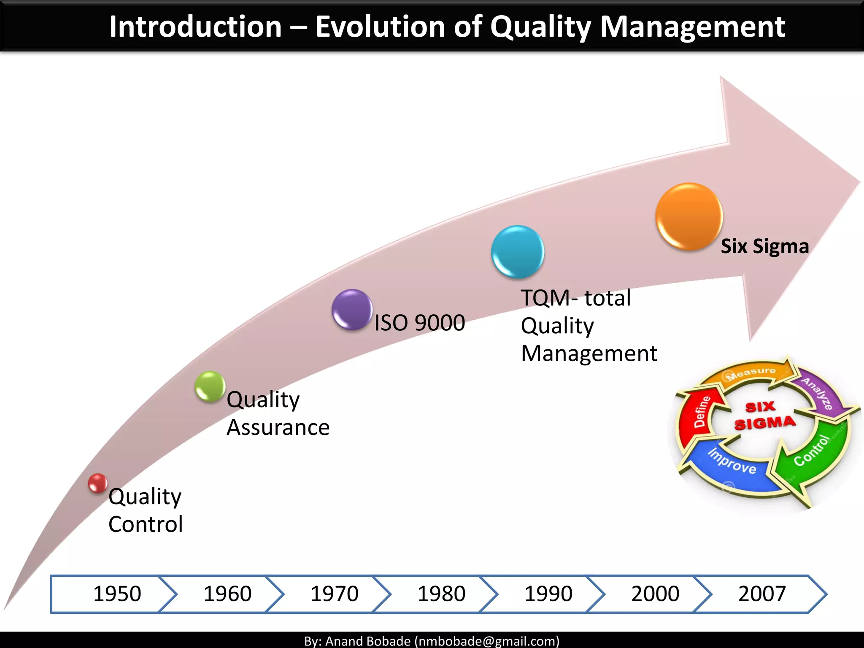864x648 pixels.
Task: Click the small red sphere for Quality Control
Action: [97, 483]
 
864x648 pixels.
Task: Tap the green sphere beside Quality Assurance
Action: [210, 386]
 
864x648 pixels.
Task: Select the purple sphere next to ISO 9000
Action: [352, 310]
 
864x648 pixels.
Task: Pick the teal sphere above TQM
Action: [518, 252]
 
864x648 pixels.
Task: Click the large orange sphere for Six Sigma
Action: [689, 216]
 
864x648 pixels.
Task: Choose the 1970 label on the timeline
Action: [334, 594]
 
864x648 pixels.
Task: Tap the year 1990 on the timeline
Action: [548, 594]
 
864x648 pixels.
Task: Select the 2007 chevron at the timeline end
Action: [762, 594]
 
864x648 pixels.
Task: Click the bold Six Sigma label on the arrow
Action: [764, 246]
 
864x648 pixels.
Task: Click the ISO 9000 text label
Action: [420, 323]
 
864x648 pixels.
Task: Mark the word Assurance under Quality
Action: [278, 428]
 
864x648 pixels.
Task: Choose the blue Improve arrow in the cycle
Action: [732, 464]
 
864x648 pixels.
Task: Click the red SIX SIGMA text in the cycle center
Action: [764, 416]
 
